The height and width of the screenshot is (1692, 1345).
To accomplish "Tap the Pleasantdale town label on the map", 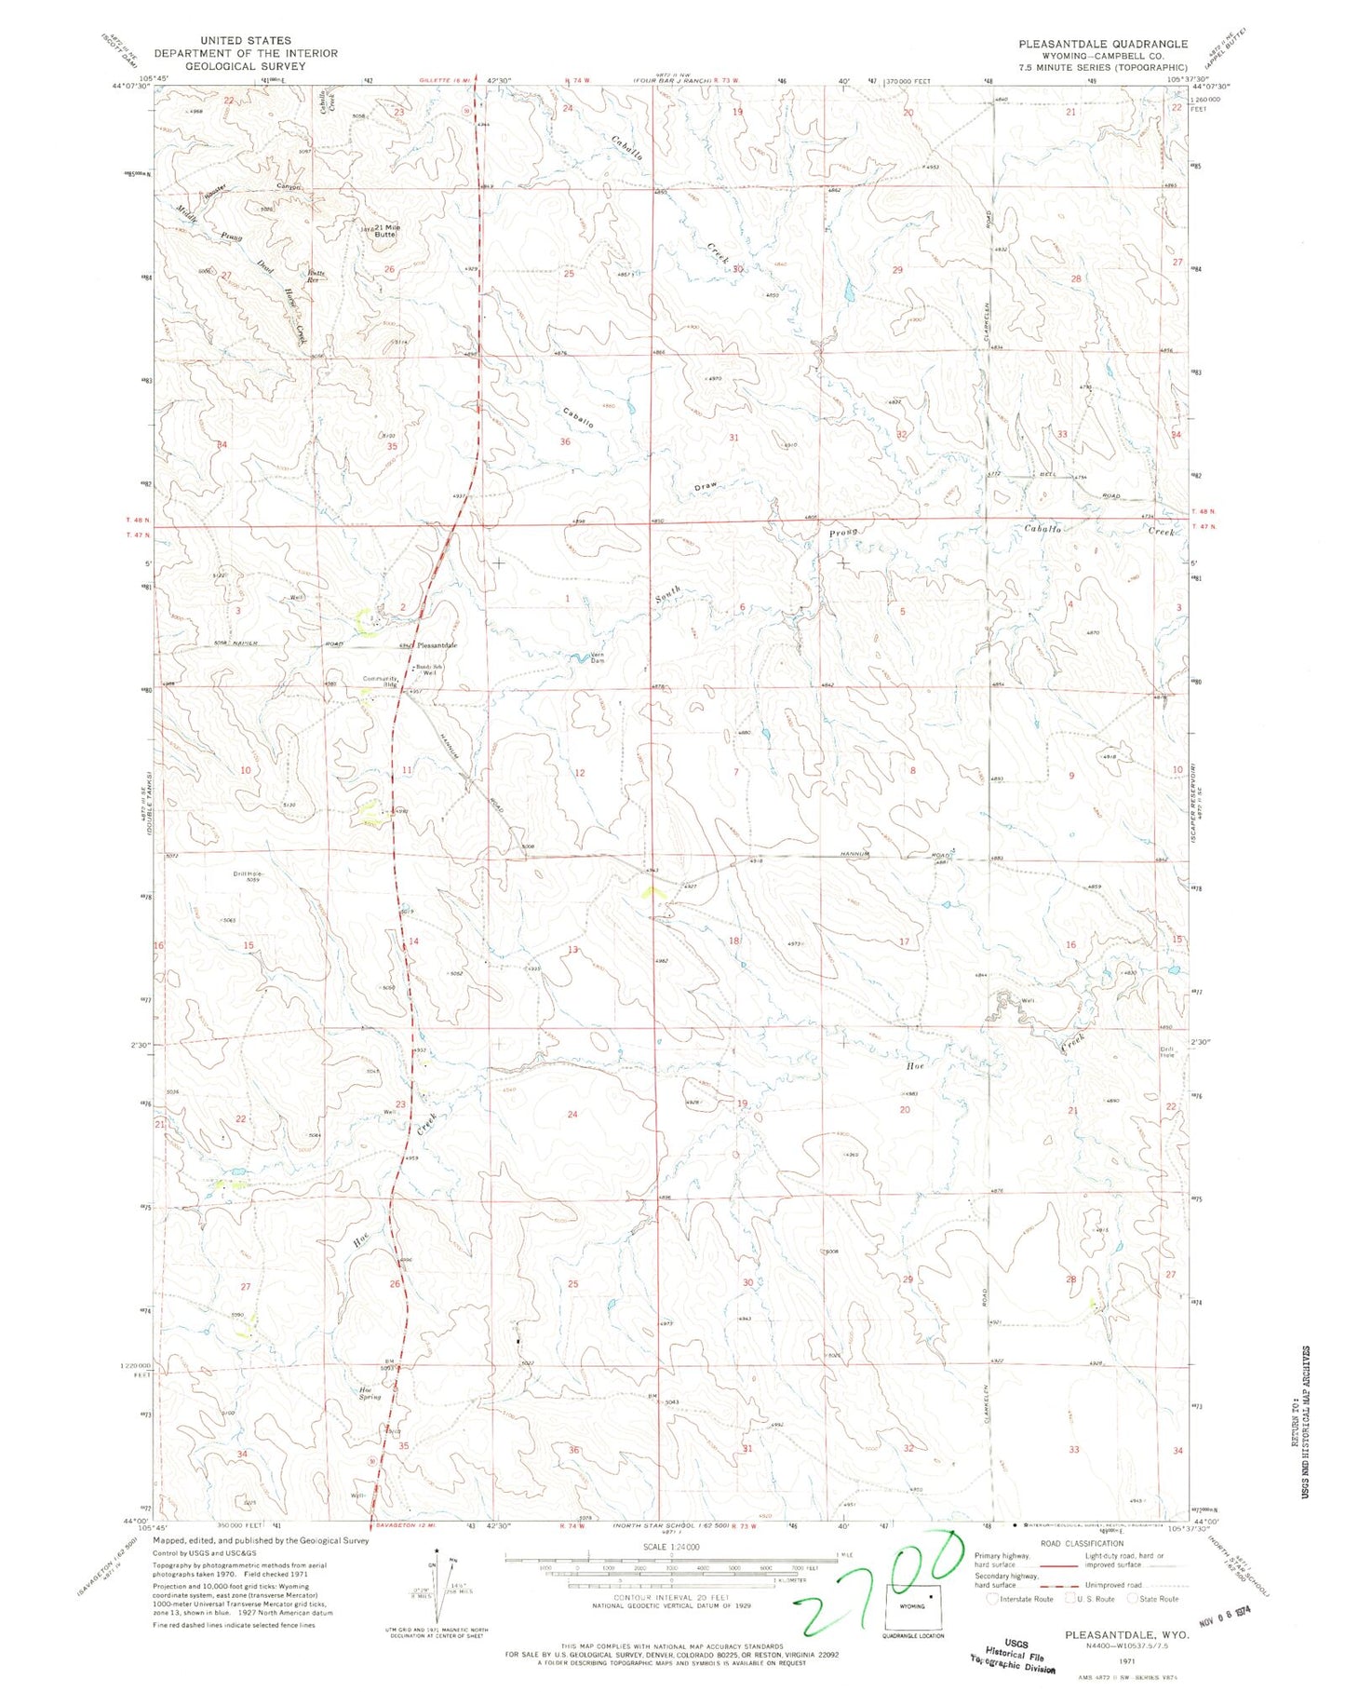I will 437,645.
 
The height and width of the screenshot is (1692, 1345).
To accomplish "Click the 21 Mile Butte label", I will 380,231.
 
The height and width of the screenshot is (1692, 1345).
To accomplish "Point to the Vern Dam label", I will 597,657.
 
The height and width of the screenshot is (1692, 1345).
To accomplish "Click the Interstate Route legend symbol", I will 995,1598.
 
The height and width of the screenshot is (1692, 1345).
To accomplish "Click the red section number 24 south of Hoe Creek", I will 572,1115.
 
